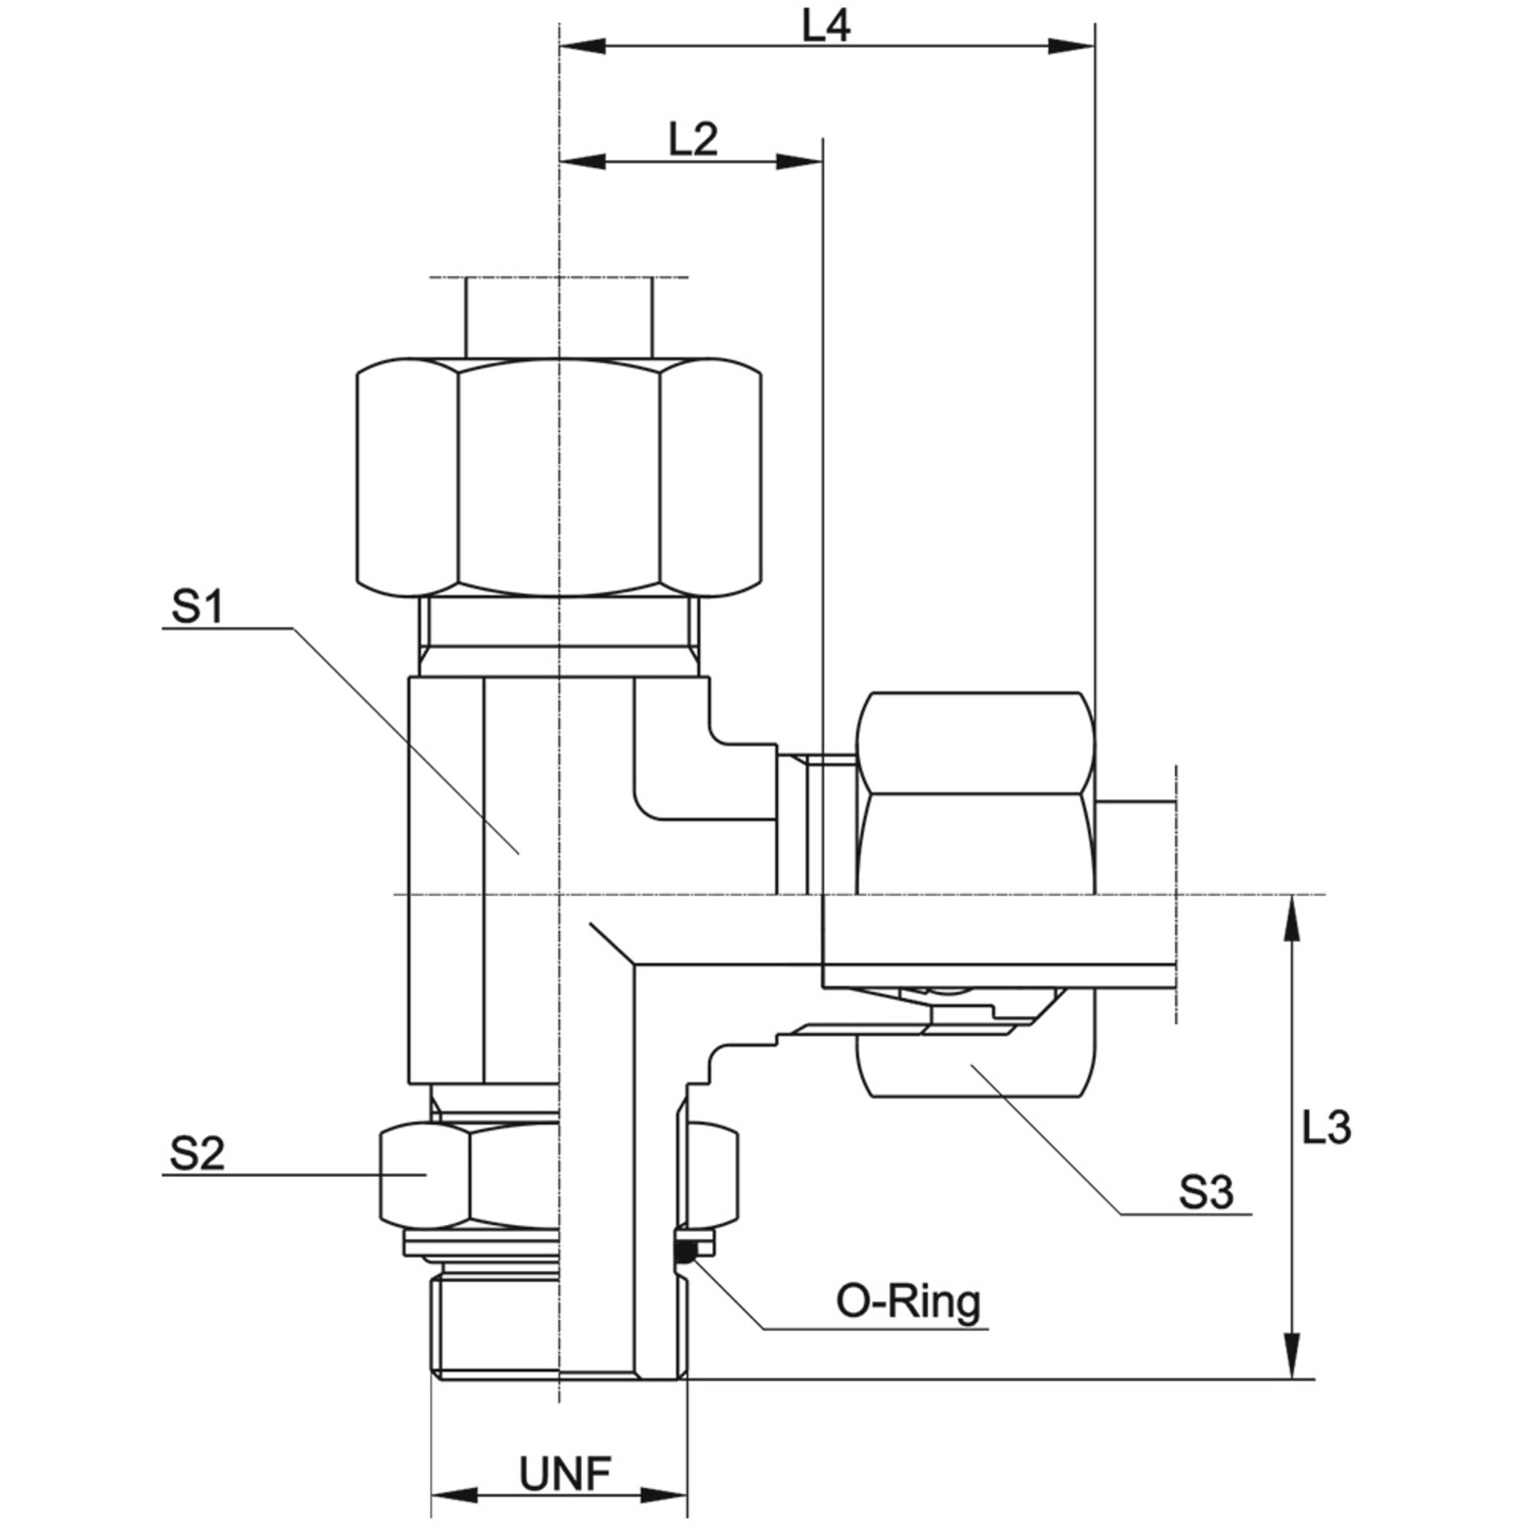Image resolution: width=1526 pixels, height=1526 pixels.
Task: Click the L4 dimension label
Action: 827,28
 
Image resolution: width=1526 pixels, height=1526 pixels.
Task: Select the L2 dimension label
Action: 693,141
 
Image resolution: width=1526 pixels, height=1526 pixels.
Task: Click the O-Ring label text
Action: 908,1303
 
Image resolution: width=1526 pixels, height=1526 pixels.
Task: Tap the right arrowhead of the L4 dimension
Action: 1072,47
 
